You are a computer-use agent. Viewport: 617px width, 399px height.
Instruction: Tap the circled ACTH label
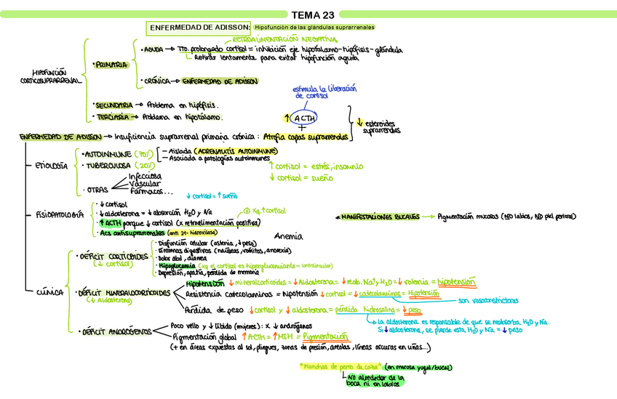pyautogui.click(x=300, y=118)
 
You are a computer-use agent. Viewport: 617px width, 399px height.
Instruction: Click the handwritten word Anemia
pyautogui.click(x=288, y=236)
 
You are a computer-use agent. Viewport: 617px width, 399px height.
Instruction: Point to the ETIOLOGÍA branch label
pyautogui.click(x=50, y=166)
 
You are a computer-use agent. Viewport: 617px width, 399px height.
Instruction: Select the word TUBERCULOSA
pyautogui.click(x=109, y=166)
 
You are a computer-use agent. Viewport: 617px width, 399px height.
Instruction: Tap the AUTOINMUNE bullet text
pyautogui.click(x=108, y=154)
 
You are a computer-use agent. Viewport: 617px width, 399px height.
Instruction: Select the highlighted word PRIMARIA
pyautogui.click(x=112, y=65)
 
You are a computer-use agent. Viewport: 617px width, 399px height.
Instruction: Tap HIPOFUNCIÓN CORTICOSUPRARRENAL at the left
pyautogui.click(x=48, y=76)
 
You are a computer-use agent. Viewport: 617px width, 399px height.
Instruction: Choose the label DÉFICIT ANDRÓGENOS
pyautogui.click(x=114, y=331)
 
